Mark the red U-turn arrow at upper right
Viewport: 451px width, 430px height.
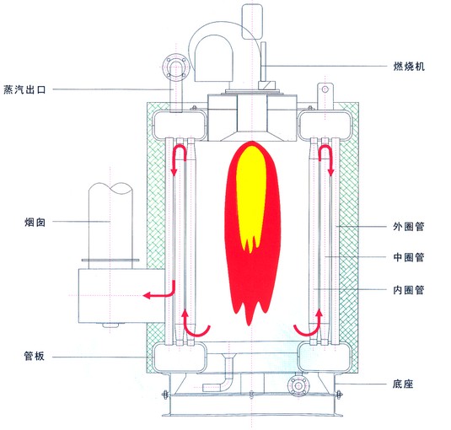coord(321,158)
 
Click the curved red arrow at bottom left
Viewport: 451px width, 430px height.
coord(193,325)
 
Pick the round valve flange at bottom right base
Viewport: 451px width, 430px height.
coord(297,387)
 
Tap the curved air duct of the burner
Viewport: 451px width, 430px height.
coord(211,51)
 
